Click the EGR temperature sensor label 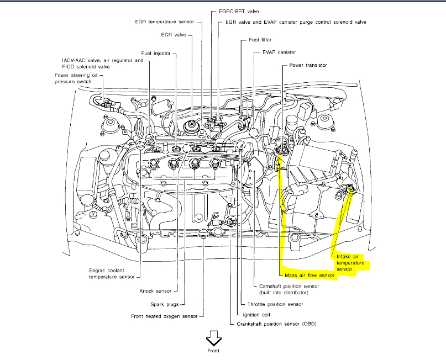pyautogui.click(x=165, y=22)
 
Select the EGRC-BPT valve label pyautogui.click(x=231, y=11)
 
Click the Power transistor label pyautogui.click(x=308, y=65)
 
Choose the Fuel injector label pyautogui.click(x=155, y=53)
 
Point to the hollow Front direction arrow pyautogui.click(x=213, y=337)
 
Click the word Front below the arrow pyautogui.click(x=213, y=351)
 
